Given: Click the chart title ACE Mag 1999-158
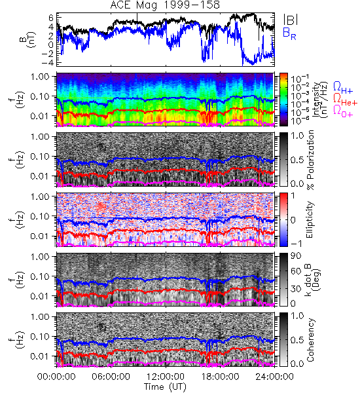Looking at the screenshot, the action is click(x=165, y=5).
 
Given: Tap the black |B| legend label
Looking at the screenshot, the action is click(x=291, y=20).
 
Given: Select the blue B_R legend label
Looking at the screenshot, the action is click(x=289, y=33).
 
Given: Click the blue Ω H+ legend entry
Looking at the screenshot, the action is click(x=343, y=88).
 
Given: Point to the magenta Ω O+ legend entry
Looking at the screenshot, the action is click(x=343, y=111).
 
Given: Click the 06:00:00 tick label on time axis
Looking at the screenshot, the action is click(x=111, y=377).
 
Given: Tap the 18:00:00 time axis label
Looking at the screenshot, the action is click(x=220, y=377).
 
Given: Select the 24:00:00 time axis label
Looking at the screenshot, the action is click(x=274, y=377).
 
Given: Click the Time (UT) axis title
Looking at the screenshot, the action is click(x=165, y=386).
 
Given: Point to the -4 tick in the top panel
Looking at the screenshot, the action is click(x=48, y=62).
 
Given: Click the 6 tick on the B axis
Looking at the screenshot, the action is click(x=51, y=18).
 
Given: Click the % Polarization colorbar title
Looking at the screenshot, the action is click(x=311, y=160).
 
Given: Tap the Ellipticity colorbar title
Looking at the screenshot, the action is click(x=310, y=220).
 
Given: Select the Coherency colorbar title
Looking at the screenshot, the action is click(x=310, y=340).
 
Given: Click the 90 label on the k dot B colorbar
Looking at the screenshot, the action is click(x=295, y=256).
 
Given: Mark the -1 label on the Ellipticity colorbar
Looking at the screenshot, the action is click(x=296, y=244).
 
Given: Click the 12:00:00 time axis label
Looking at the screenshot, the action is click(x=166, y=377).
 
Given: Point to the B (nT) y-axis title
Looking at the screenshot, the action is click(x=29, y=39).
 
